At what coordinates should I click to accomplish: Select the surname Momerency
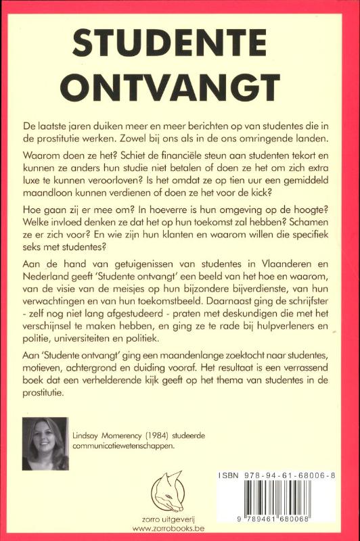point(127,436)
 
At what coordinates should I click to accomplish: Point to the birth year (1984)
point(169,436)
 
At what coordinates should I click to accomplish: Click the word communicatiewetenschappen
point(125,448)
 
